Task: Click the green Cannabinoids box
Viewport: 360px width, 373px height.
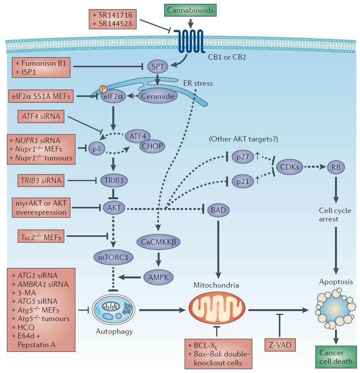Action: click(x=190, y=10)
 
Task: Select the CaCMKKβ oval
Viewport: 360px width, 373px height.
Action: click(x=158, y=242)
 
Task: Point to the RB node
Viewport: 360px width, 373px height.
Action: click(x=336, y=167)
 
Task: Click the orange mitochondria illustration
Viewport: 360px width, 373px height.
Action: click(x=218, y=310)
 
